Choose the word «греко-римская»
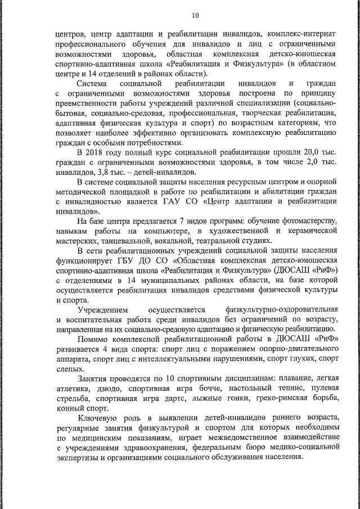pos(273,398)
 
